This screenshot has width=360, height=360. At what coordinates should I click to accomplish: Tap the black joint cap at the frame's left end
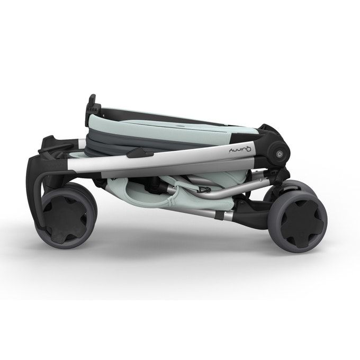pos(58,159)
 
